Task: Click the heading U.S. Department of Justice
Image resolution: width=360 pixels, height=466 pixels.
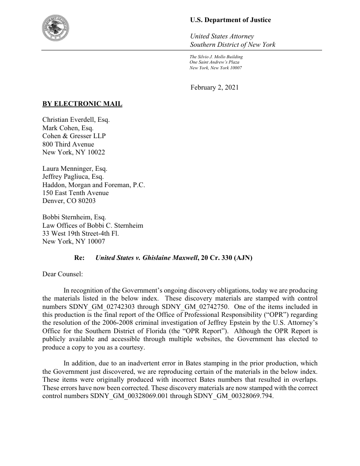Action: click(230, 20)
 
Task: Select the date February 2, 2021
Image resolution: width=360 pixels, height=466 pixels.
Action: click(214, 87)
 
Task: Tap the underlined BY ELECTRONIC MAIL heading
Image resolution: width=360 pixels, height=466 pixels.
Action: click(82, 104)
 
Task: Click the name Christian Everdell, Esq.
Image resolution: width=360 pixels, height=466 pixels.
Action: click(76, 120)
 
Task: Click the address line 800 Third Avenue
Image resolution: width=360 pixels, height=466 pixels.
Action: click(68, 144)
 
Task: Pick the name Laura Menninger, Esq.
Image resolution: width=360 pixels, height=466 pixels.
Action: click(75, 169)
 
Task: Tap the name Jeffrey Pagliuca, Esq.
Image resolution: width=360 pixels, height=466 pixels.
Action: click(73, 177)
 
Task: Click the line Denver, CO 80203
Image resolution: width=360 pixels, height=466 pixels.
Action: click(69, 200)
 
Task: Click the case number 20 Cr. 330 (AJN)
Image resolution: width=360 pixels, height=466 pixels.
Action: click(226, 258)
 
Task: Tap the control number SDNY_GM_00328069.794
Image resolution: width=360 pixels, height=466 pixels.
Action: click(233, 396)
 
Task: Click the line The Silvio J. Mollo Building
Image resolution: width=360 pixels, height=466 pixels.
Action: click(216, 57)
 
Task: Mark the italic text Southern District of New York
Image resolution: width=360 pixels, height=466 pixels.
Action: click(232, 45)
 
